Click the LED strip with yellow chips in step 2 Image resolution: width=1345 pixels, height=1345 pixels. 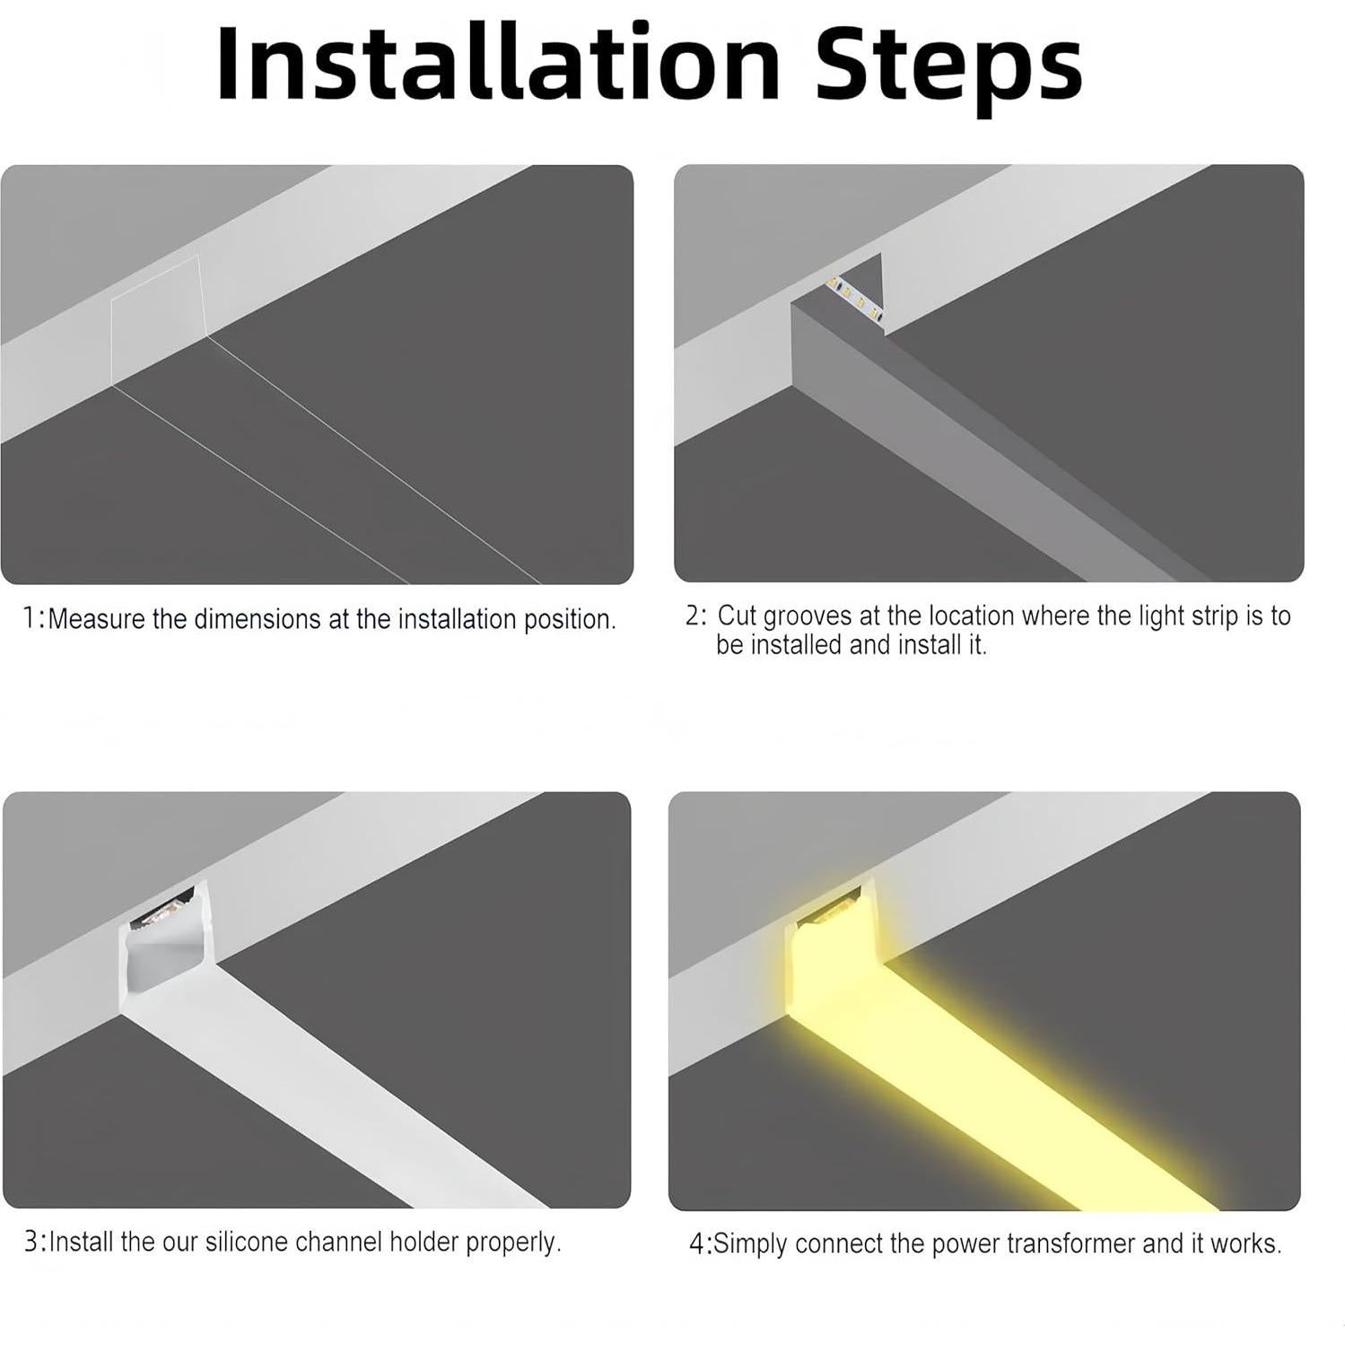click(856, 300)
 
